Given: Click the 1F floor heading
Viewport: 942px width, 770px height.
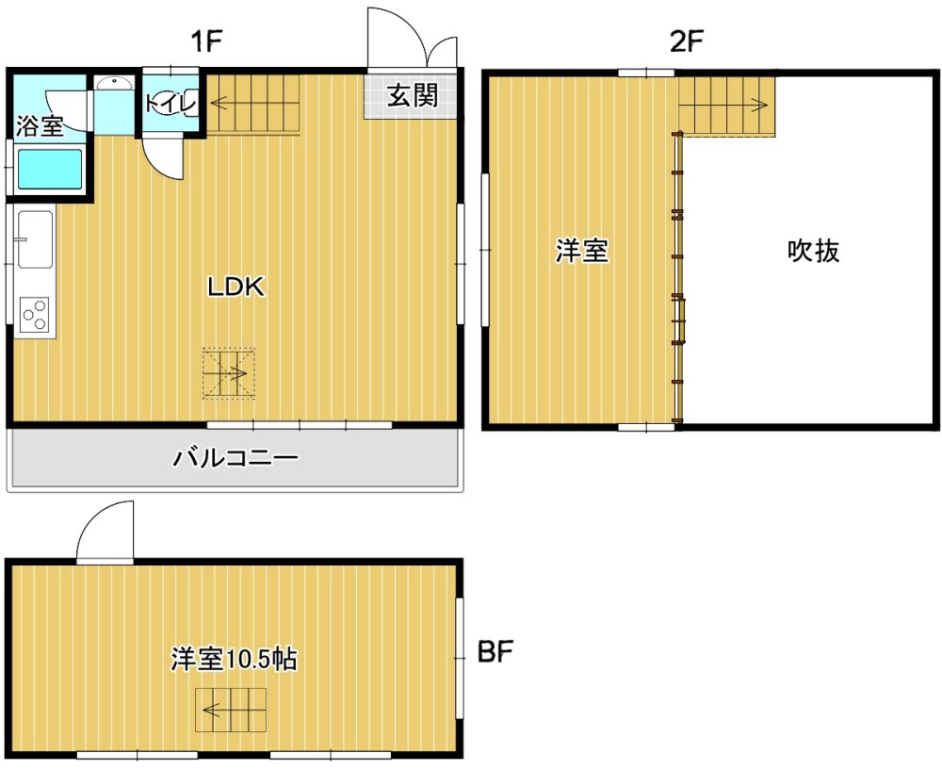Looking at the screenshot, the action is (x=206, y=41).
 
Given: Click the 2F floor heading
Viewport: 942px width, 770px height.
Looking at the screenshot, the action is (x=686, y=41).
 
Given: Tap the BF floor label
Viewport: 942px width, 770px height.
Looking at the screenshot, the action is (x=495, y=651).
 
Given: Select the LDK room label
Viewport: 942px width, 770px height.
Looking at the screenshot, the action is (x=236, y=287).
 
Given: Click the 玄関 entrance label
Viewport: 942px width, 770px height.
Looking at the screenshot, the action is (x=413, y=95).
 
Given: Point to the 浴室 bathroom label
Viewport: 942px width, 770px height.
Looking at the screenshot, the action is (x=40, y=126).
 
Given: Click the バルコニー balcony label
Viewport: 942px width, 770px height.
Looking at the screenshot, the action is (x=235, y=459).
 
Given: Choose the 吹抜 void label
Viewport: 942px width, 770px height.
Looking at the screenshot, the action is (x=814, y=251).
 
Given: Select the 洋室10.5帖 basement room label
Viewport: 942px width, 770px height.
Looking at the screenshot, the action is (x=234, y=660).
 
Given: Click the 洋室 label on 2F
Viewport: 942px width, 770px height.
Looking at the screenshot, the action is (x=581, y=251).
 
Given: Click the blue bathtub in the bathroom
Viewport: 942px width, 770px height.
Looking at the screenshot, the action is (x=50, y=170).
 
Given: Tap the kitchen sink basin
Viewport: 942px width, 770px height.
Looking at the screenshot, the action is (x=35, y=239).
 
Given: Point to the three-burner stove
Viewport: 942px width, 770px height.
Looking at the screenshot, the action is (x=34, y=314).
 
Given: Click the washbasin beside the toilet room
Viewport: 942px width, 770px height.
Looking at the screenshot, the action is (x=114, y=82).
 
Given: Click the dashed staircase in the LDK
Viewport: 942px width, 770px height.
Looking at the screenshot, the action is (x=229, y=372).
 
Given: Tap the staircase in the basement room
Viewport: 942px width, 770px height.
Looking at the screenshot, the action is (x=231, y=711).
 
